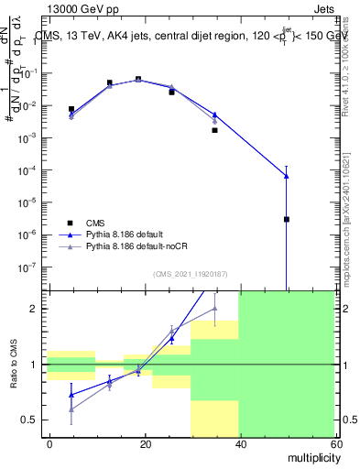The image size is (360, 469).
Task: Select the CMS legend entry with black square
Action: tap(94, 223)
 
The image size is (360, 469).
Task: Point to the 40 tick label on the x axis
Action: tap(238, 442)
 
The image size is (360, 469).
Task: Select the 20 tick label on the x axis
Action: tap(144, 442)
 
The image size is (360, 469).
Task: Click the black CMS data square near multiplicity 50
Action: tap(287, 219)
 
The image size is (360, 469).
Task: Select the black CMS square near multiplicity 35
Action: tap(214, 130)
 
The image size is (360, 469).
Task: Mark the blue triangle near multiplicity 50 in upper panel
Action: tap(287, 176)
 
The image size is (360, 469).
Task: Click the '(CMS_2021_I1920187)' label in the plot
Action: tap(191, 273)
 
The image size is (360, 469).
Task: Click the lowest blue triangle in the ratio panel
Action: tap(71, 395)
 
